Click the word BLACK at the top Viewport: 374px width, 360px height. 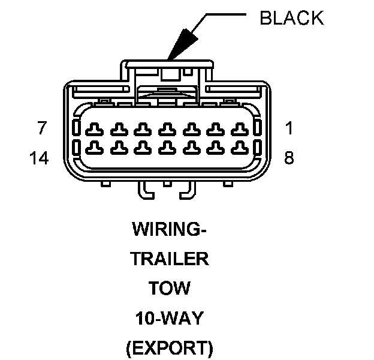point(291,18)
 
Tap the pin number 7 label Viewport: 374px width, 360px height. point(42,128)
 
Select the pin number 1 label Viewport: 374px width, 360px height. point(289,128)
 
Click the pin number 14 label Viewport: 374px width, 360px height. point(39,158)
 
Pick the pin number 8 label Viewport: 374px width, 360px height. point(289,158)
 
